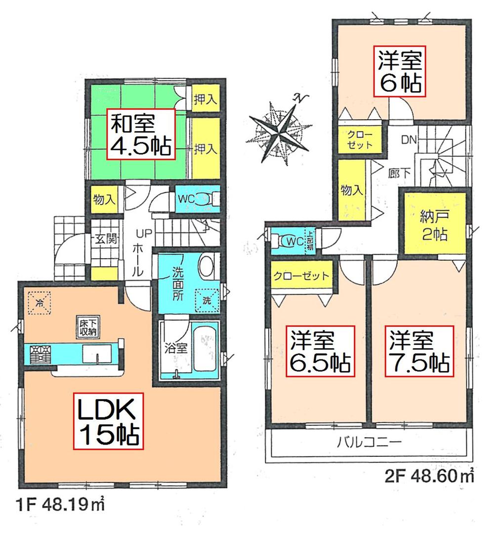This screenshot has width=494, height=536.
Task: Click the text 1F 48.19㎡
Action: (56, 506)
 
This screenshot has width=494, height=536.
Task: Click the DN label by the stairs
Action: (408, 140)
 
